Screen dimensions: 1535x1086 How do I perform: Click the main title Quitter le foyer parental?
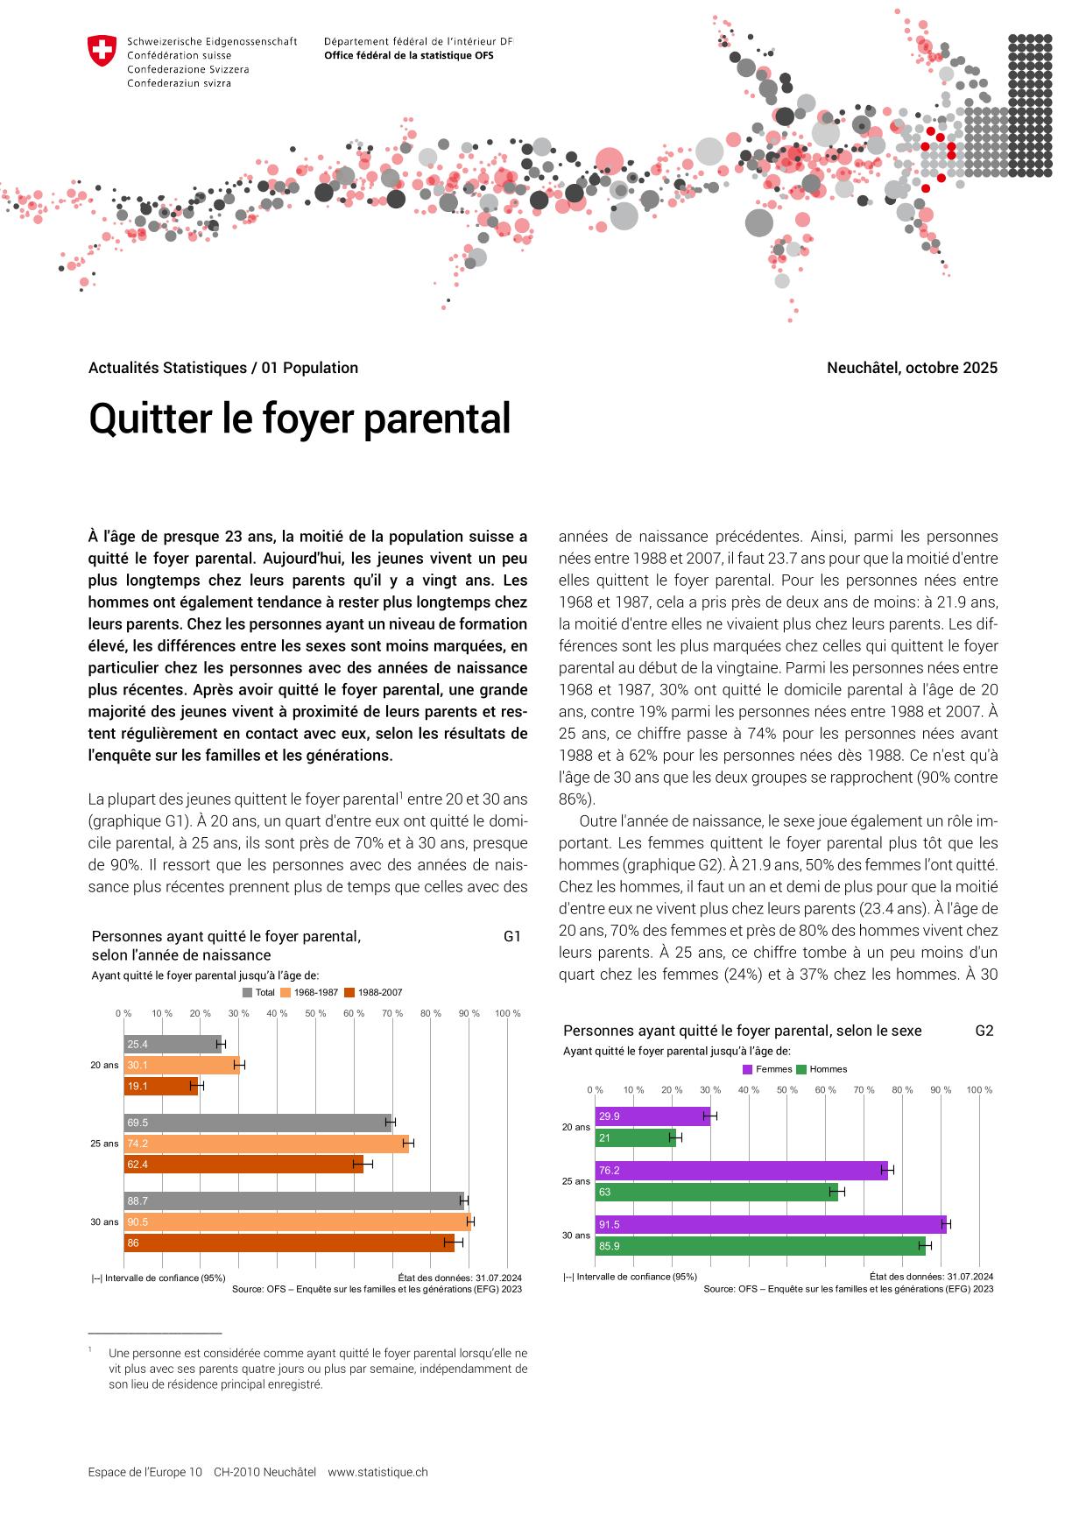pos(300,419)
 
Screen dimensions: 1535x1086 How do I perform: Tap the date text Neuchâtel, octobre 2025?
pos(912,368)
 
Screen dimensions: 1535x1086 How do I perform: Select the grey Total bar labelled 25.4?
pos(173,1045)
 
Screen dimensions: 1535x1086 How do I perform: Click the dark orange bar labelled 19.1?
pos(160,1087)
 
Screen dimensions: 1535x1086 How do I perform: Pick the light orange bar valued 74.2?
pos(265,1144)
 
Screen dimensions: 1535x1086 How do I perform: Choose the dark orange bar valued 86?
pos(288,1243)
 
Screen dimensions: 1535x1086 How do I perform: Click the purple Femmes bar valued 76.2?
pos(740,1171)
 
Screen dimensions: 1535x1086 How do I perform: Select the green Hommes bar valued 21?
pos(635,1138)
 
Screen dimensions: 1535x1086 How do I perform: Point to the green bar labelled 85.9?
pos(759,1246)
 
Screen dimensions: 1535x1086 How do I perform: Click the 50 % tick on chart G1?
pos(315,1014)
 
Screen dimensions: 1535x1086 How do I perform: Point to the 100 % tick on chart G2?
pos(979,1090)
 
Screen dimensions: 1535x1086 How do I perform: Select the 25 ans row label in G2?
pos(576,1181)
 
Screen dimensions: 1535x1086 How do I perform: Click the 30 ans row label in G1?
pos(104,1222)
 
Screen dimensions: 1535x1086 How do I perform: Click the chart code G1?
pos(512,936)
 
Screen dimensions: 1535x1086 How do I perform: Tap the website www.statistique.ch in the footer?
pos(377,1472)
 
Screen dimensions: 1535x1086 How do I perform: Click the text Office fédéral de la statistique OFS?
pos(408,55)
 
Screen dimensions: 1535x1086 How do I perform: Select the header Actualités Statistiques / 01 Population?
pos(223,368)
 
